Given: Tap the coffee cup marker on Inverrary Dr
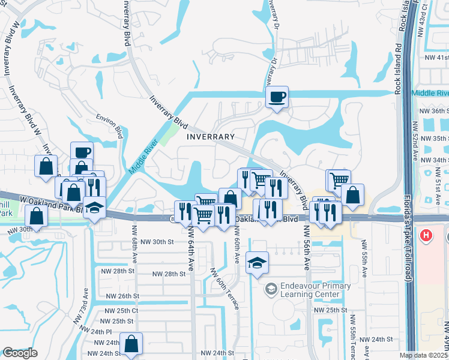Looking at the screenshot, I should coord(277,97).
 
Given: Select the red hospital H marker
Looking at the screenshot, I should coord(426,235).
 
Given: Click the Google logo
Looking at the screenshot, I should coord(20,353).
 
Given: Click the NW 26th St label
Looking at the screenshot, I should coord(122,296).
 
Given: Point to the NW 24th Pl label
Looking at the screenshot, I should coord(95,332).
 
